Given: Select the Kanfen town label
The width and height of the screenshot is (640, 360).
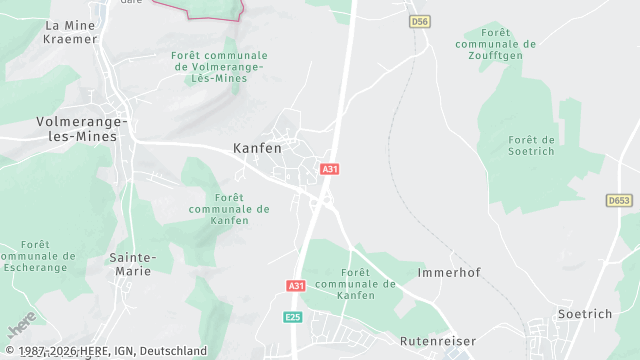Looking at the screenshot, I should [x=257, y=147].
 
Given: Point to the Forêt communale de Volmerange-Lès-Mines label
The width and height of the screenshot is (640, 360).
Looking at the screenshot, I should [x=219, y=66].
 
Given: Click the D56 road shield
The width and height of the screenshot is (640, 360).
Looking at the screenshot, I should [x=419, y=21].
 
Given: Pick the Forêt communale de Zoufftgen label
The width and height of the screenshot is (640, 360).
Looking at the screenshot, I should [x=495, y=44].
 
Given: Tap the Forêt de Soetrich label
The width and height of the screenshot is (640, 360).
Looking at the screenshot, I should [x=531, y=145].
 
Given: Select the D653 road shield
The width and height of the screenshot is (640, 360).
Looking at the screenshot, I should [x=619, y=201].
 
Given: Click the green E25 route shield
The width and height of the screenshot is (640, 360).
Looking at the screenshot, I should [x=292, y=317].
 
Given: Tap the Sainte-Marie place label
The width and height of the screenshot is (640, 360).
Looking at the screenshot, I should [x=131, y=264].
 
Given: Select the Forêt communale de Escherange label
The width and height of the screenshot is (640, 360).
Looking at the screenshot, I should [x=40, y=256].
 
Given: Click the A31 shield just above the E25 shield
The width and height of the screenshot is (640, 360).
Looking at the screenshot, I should [x=296, y=286].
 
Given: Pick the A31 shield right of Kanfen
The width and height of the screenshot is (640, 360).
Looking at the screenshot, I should [x=329, y=169].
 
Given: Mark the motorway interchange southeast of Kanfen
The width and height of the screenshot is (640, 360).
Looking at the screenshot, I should [x=321, y=201].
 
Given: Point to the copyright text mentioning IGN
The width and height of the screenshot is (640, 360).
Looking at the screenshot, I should [x=105, y=351].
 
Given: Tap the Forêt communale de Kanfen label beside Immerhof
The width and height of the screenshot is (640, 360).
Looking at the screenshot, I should [x=357, y=283].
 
